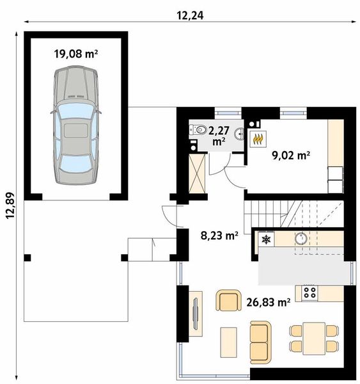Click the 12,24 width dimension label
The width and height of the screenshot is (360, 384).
click(190, 15)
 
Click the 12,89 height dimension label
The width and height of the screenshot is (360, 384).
click(10, 205)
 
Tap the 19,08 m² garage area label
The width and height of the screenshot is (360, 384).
click(76, 54)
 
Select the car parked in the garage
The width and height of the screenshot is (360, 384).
click(76, 125)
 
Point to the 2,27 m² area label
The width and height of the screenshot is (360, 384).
click(219, 136)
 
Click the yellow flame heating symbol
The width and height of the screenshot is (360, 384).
click(258, 139)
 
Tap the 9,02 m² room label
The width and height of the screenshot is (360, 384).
click(291, 155)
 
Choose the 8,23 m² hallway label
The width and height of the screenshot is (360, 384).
click(219, 236)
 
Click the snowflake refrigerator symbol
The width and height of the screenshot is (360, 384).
click(265, 239)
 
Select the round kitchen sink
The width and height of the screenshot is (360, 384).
click(301, 239)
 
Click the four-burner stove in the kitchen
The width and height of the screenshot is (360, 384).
click(309, 292)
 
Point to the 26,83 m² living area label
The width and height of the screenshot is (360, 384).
click(269, 302)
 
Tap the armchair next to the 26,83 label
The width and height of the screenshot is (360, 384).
click(228, 301)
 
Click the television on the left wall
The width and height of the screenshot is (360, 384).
click(195, 314)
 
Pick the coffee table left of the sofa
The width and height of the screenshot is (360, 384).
click(228, 342)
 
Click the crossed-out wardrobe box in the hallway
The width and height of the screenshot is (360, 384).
click(197, 174)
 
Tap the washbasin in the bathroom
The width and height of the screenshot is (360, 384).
click(239, 134)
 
